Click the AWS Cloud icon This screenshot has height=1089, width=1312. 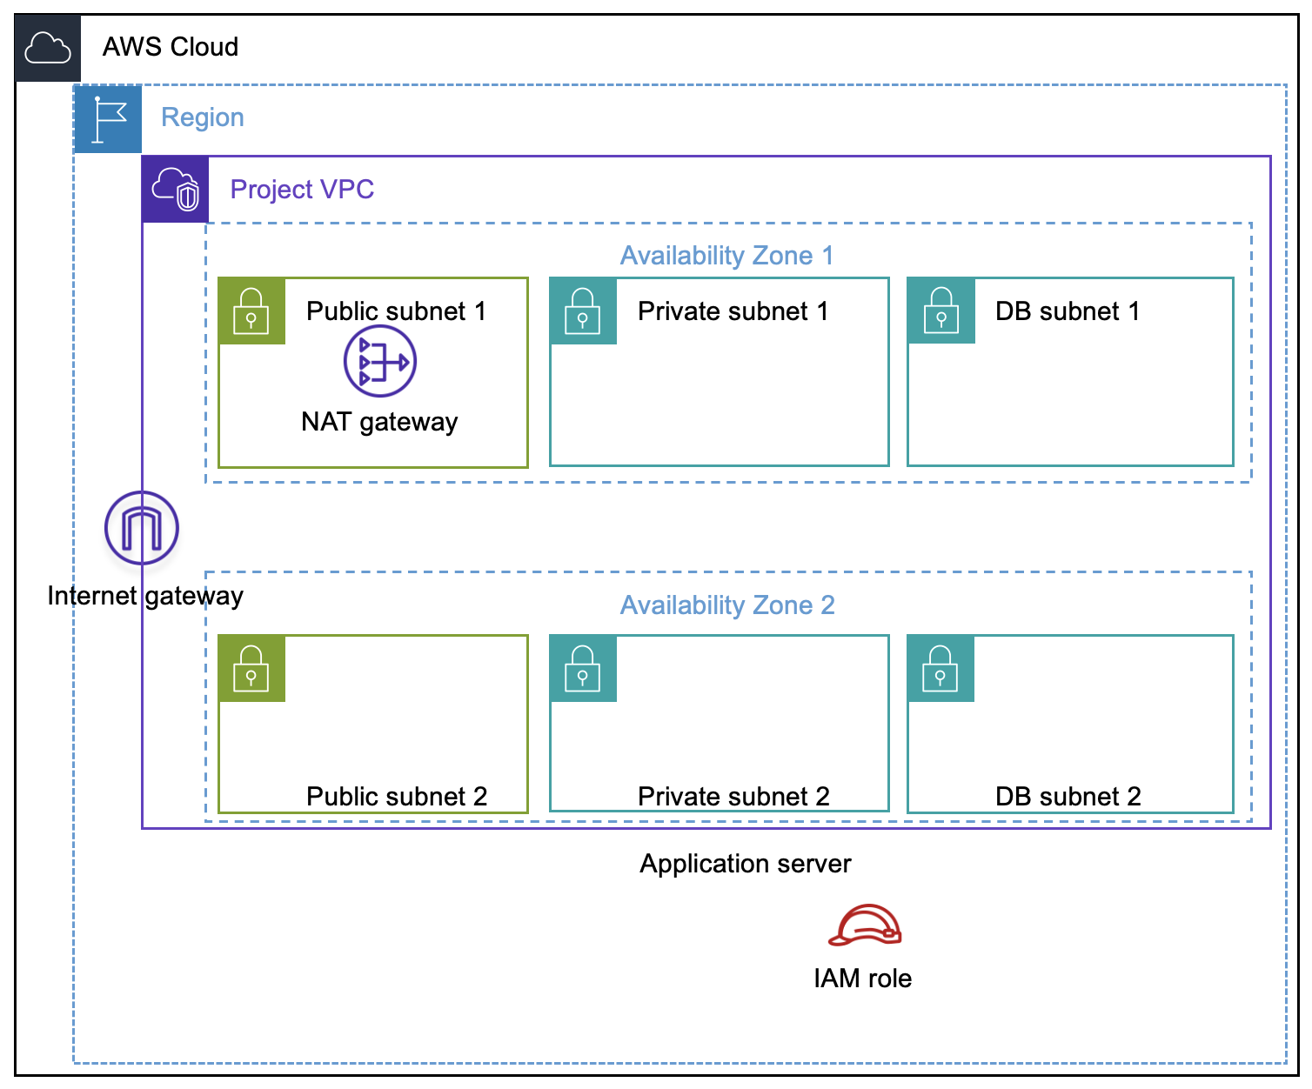[48, 48]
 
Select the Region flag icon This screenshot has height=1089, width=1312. [108, 119]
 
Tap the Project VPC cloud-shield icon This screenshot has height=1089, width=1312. [176, 190]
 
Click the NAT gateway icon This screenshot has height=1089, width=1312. [380, 361]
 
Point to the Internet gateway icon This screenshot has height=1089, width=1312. [142, 528]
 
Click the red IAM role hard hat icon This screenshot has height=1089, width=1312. [865, 925]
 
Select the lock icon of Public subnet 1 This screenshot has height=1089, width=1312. [251, 311]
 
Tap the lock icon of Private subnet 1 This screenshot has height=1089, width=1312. [583, 311]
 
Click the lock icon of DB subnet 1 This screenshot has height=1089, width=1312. [940, 311]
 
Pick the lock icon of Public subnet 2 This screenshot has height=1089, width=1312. [251, 668]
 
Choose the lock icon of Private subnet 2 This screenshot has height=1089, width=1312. [583, 668]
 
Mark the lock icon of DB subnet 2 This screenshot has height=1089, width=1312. [940, 668]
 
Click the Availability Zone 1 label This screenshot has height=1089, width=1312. [726, 256]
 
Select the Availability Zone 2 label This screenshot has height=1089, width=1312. [726, 605]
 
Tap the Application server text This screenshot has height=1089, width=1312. [746, 864]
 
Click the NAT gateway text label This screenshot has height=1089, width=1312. [379, 422]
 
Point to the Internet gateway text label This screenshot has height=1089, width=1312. [145, 596]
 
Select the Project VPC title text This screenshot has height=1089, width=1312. [302, 190]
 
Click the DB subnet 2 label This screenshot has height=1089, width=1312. [1068, 796]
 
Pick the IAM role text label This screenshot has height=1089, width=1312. [862, 979]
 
